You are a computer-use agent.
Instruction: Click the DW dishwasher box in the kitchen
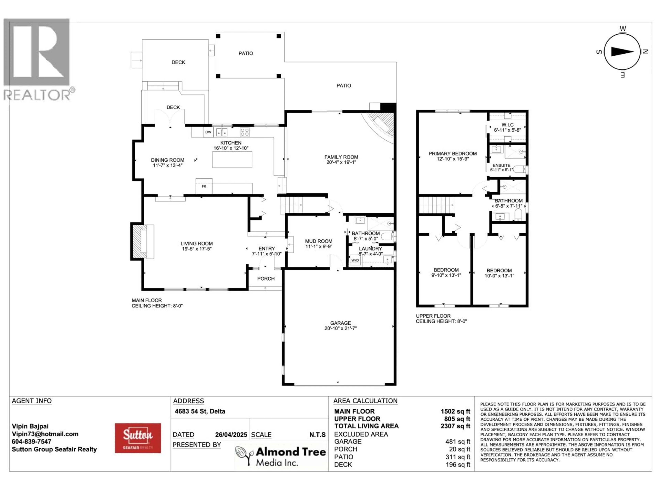coord(208,132)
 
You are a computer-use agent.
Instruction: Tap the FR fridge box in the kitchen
coord(204,186)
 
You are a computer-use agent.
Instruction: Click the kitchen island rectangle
coord(232,160)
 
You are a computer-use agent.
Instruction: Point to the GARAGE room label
coord(340,323)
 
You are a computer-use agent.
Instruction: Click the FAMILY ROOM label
coord(341,157)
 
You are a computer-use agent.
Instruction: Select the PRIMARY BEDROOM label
coord(452,153)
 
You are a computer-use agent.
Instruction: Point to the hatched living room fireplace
coord(140,241)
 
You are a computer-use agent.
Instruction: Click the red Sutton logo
coord(137,438)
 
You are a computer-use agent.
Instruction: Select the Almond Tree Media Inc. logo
coord(280,456)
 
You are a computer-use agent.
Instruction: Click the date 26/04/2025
coord(231,435)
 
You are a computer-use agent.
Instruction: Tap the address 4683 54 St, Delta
coord(200,411)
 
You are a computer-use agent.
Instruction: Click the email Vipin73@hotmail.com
coord(45,434)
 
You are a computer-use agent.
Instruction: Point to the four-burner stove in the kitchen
coord(244,132)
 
